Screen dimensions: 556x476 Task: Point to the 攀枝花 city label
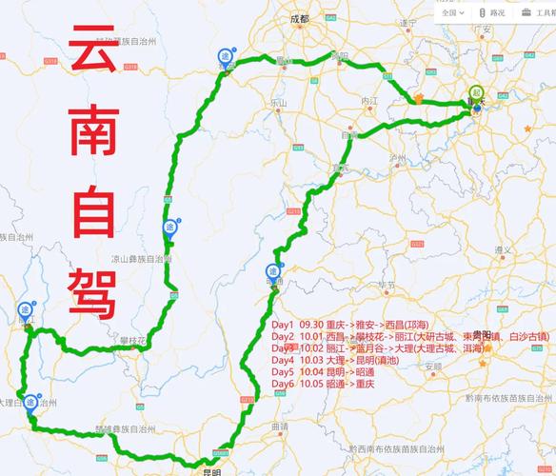132,341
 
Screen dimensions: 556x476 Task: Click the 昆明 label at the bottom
210,470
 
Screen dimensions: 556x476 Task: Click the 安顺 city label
433,366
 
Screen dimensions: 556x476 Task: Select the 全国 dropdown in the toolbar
450,13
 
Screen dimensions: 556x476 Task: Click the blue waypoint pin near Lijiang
25,309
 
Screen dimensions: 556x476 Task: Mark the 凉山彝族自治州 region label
140,258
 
